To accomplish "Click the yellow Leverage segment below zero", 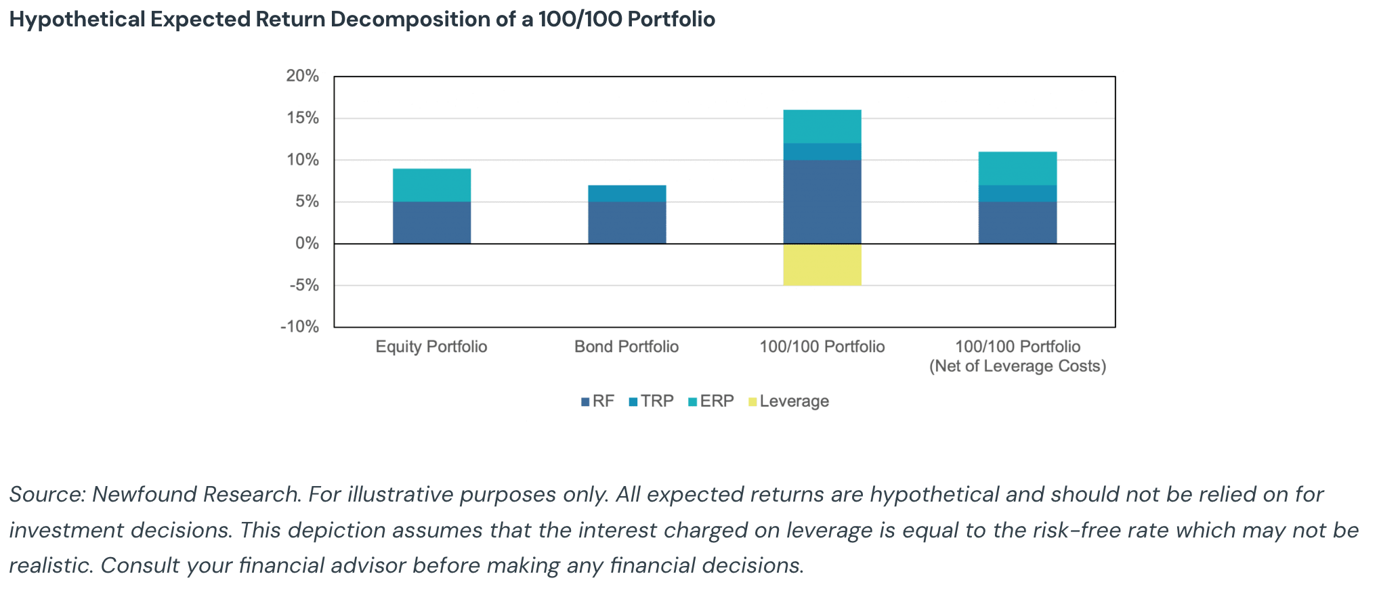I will point(822,265).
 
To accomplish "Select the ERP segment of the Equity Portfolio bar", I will point(431,185).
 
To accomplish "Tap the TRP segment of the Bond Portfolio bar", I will point(627,194).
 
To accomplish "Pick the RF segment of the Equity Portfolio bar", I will point(431,223).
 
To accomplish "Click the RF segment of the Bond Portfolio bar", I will point(627,223).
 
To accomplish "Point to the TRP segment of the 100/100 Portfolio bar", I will point(822,152).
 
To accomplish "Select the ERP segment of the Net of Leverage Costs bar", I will point(1017,169).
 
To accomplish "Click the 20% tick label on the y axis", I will point(302,76).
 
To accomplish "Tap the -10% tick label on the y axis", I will point(299,327).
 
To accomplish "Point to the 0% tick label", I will point(307,244).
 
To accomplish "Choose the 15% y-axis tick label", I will point(302,118).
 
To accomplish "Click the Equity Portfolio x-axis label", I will point(431,347).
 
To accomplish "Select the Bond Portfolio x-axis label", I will point(627,347).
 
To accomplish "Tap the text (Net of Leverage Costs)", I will point(1017,366).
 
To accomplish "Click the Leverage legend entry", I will point(793,401).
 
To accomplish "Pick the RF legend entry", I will point(602,401).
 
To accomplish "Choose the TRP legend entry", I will point(656,401).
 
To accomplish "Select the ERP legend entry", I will point(716,401).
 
